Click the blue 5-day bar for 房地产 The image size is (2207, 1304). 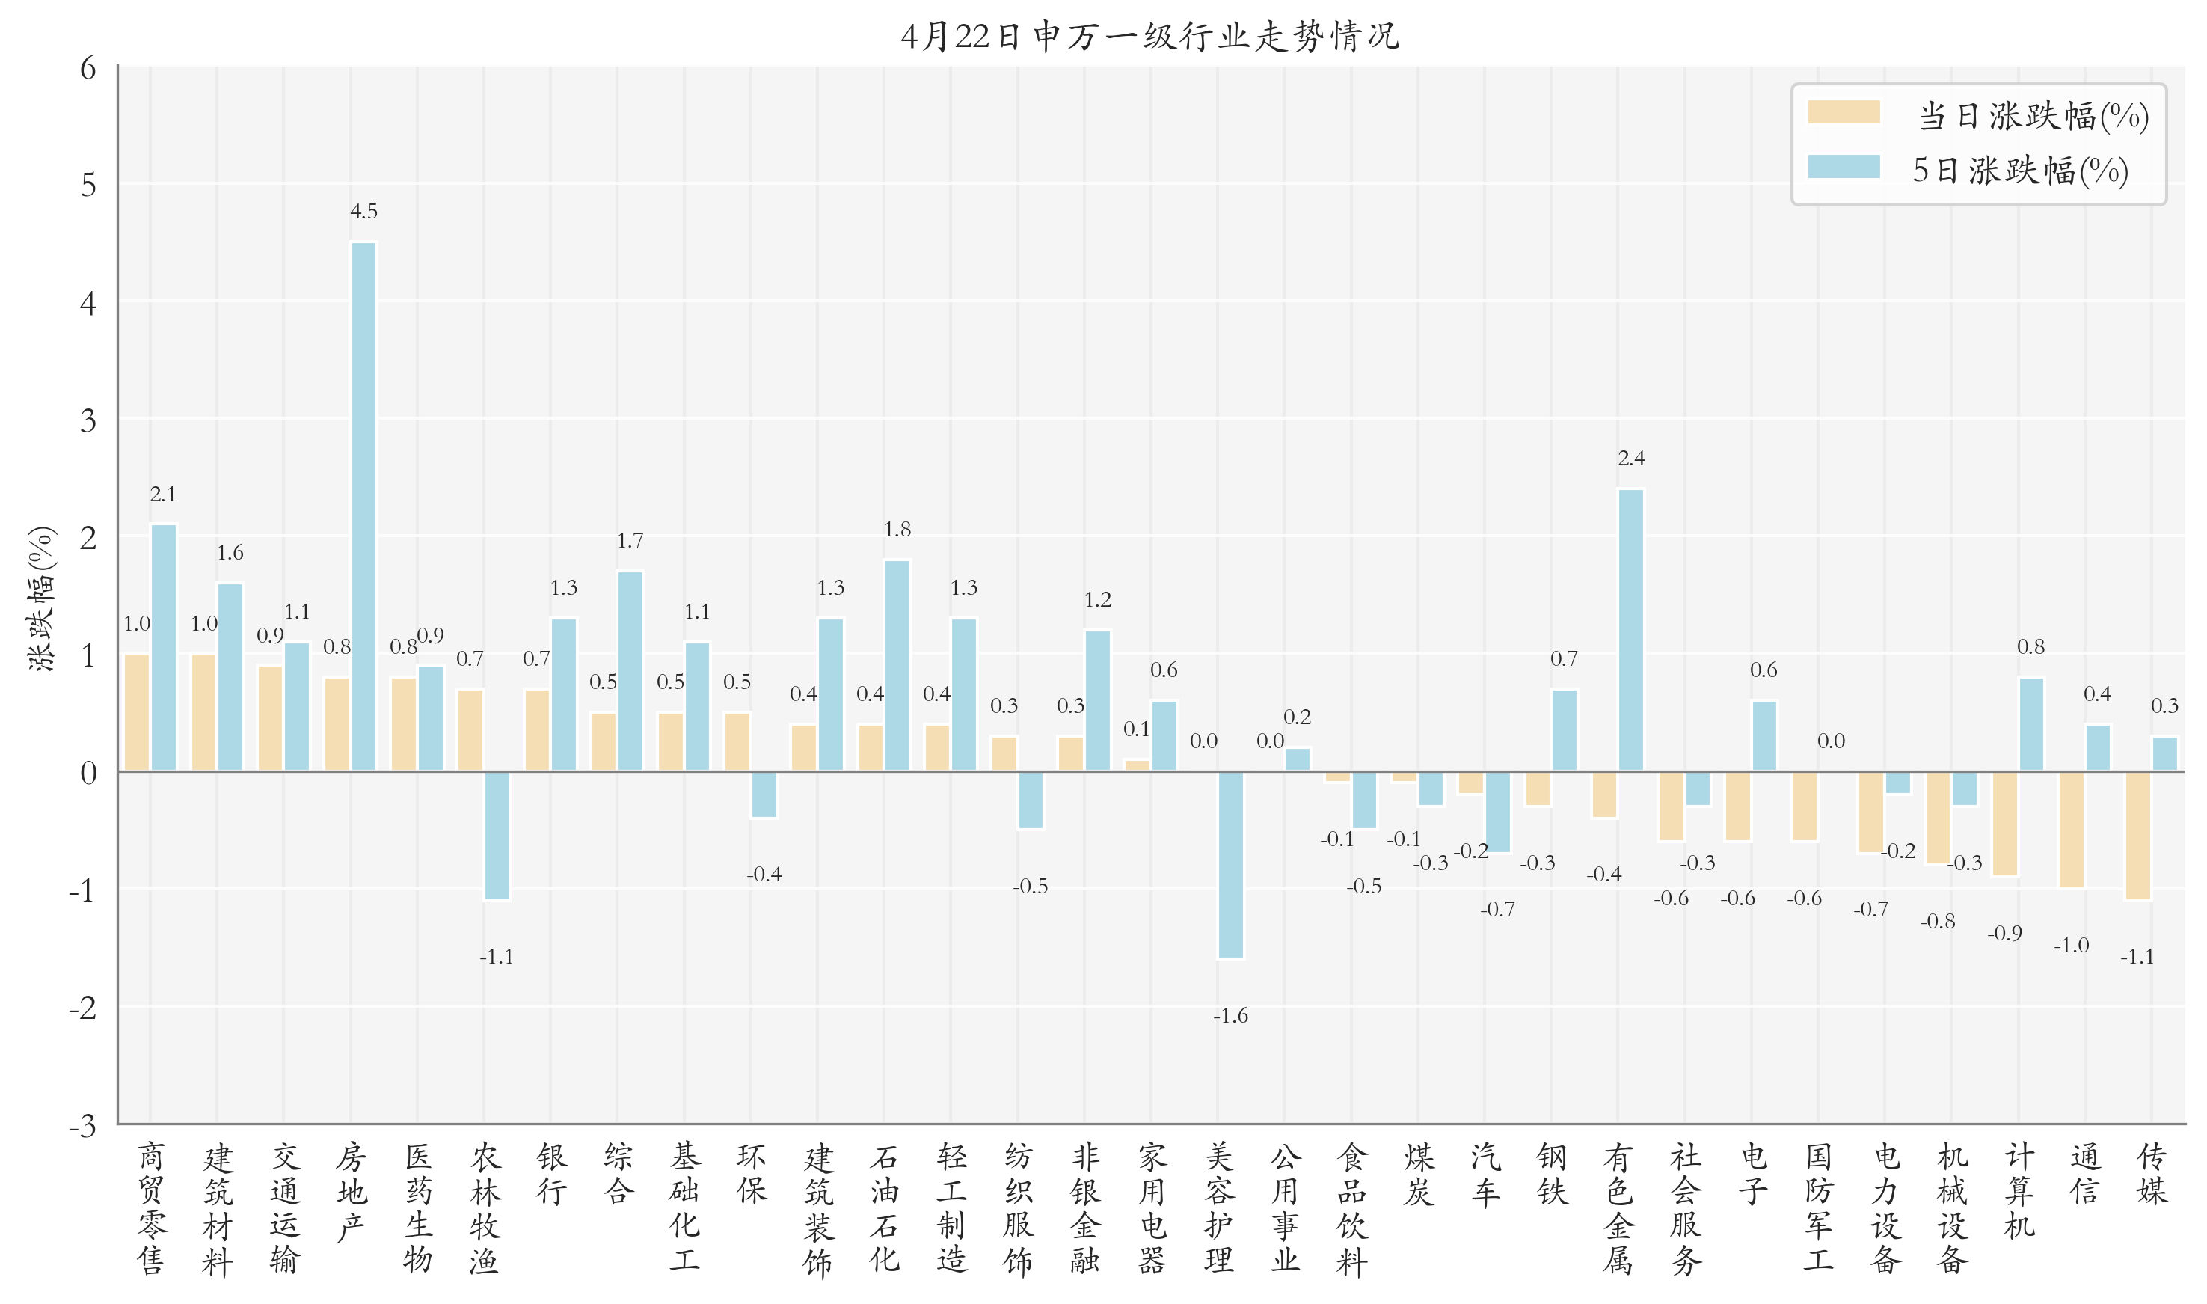[363, 507]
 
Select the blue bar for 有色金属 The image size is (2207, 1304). [1631, 630]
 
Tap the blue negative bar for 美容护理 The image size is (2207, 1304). [1230, 865]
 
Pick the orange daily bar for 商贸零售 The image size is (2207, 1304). [137, 713]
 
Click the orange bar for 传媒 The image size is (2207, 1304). [2137, 836]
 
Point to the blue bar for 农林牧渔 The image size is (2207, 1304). [497, 836]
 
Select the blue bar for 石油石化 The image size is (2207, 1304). [897, 666]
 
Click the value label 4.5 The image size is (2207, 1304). [363, 212]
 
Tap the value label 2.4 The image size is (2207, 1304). [1631, 459]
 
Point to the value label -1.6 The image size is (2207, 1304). [1230, 1017]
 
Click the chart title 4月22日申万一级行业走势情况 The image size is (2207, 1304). [1149, 36]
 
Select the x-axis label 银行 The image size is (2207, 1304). [551, 1174]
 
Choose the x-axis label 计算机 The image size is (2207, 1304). [2019, 1190]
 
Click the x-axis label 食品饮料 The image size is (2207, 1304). [1351, 1208]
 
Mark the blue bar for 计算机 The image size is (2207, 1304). [2031, 725]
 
